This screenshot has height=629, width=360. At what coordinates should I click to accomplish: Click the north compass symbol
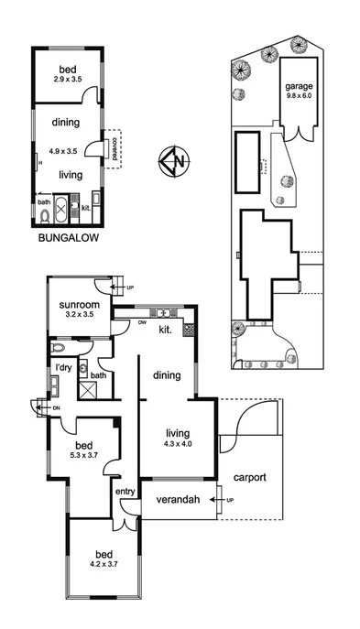172,163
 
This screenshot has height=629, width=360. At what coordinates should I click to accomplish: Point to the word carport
249,477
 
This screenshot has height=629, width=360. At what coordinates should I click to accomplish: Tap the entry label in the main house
125,493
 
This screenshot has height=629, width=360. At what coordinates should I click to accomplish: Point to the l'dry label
63,368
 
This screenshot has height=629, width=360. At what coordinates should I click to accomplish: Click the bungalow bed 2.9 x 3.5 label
67,74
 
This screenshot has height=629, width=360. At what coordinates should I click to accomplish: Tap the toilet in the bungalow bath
44,217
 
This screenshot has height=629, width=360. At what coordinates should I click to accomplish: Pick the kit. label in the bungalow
85,208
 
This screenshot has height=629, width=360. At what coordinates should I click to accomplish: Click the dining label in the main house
166,374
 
